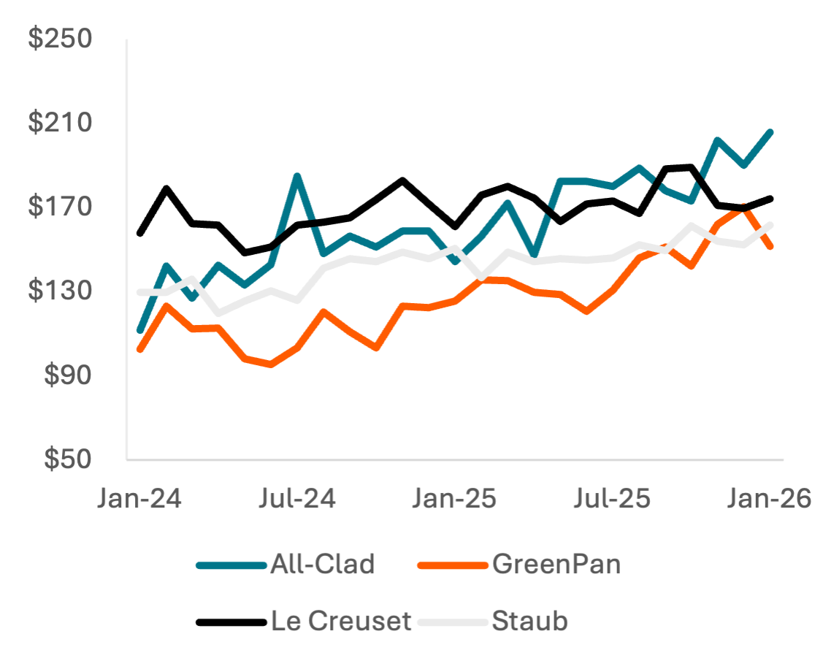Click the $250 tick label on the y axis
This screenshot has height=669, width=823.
point(60,39)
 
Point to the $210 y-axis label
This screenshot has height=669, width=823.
point(60,123)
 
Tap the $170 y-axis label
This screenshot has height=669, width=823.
point(60,207)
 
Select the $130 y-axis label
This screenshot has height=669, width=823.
point(60,291)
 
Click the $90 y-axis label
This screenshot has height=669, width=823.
point(67,375)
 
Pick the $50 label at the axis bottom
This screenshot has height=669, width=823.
point(67,459)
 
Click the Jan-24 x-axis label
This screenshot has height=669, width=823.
point(140,500)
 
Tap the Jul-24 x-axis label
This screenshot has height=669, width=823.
point(298,500)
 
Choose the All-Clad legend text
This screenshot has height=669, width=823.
point(322,565)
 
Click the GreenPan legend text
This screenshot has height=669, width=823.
point(556,565)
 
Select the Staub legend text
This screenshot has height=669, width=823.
point(530,622)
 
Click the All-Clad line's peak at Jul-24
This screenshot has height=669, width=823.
point(297,175)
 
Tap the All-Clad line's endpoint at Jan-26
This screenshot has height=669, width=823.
point(771,131)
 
